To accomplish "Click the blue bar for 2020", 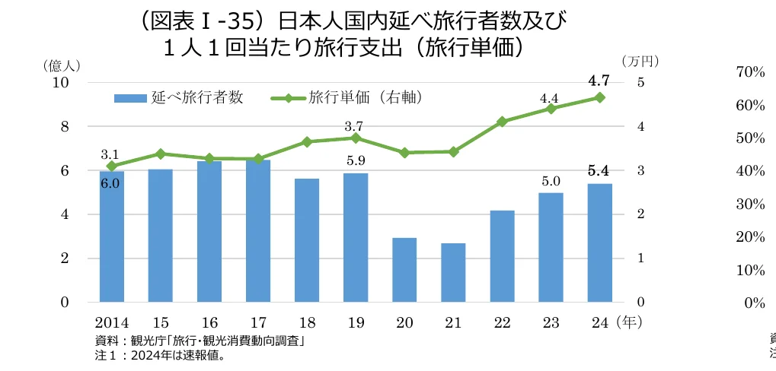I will click(404, 270).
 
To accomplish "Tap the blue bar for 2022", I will click(502, 256).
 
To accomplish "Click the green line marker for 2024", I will click(599, 97).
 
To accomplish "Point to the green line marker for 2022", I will click(502, 122).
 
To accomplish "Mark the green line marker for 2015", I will click(160, 154).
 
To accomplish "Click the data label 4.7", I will click(599, 81).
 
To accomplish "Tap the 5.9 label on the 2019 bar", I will click(356, 161).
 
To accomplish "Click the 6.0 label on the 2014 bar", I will click(110, 183).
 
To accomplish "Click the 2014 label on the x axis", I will click(111, 322).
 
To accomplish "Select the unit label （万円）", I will click(638, 61).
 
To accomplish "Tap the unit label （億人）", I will click(62, 65).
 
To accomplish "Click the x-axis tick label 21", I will click(453, 322).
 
